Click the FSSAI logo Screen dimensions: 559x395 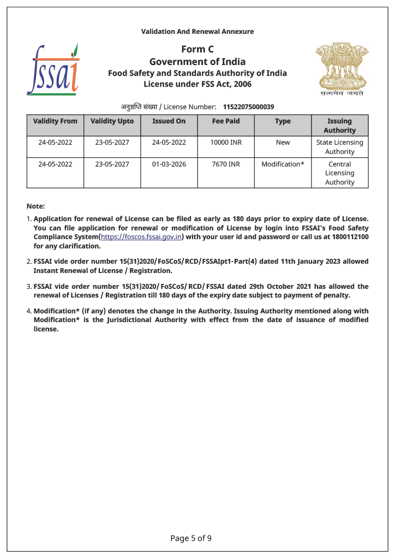(x=53, y=69)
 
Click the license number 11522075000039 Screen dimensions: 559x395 (x=248, y=106)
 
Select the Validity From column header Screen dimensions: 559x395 (x=55, y=121)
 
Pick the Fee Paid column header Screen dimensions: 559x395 (x=226, y=121)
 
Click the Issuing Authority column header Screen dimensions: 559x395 (x=339, y=126)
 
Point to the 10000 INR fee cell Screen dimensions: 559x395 (x=226, y=142)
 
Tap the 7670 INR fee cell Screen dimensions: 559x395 (x=226, y=164)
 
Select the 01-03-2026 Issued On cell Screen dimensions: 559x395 (x=169, y=164)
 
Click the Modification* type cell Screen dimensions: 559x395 (x=283, y=164)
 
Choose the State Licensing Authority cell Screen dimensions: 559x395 (x=339, y=147)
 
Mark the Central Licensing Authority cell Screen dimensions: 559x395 (x=339, y=173)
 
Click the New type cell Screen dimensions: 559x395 (x=283, y=142)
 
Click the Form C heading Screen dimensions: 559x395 (x=197, y=50)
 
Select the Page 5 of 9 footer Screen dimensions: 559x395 (x=191, y=538)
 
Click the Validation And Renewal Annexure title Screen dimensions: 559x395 (x=197, y=32)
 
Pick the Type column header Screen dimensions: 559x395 (x=283, y=121)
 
